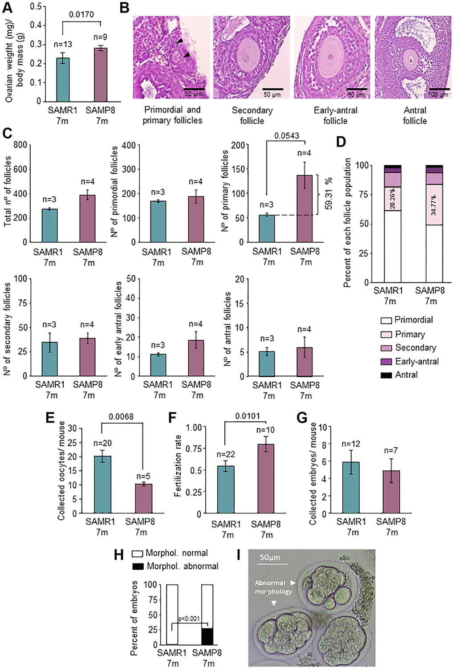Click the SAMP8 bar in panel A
coord(101,74)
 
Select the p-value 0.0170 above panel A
coord(81,15)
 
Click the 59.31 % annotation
coord(328,194)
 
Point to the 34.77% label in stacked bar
coord(433,205)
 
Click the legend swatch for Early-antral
coord(386,362)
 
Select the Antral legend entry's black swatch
coord(386,375)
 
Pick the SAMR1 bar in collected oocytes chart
coord(102,485)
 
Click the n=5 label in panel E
coord(143,476)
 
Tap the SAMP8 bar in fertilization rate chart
coord(266,479)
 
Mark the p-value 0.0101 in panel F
coord(247,416)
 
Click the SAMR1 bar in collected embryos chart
coord(351,488)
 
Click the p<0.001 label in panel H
coord(189,619)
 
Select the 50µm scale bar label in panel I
coord(270,557)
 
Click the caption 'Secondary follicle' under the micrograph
coord(252,115)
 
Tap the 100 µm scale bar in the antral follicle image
coord(439,89)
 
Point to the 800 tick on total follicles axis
coord(20,145)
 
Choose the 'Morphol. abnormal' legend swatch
coord(138,567)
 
